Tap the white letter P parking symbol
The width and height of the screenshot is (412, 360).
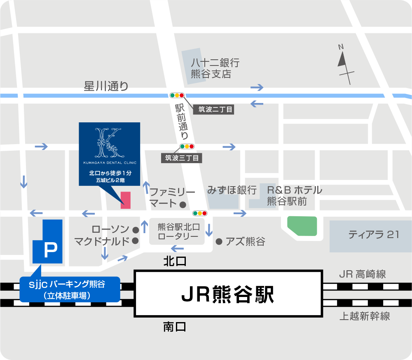point(50,250)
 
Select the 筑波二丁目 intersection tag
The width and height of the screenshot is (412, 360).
point(213,110)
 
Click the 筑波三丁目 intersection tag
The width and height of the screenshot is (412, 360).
point(182,157)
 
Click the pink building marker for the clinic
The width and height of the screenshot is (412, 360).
point(125,200)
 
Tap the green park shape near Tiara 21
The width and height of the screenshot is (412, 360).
point(302,226)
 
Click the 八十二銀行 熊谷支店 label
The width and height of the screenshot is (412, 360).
point(215,68)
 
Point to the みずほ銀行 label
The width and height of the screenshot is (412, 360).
point(232,190)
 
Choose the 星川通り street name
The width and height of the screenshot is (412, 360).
point(106,86)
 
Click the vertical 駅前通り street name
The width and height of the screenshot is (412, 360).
point(181,122)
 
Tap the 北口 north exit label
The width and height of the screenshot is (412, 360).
point(175,261)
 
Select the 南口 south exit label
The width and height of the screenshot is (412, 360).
point(175,327)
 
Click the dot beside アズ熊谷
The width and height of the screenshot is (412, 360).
point(219,241)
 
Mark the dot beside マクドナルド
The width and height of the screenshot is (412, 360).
point(135,241)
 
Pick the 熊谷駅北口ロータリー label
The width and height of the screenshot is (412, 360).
point(179,231)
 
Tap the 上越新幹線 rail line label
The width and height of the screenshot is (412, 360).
point(365,316)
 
